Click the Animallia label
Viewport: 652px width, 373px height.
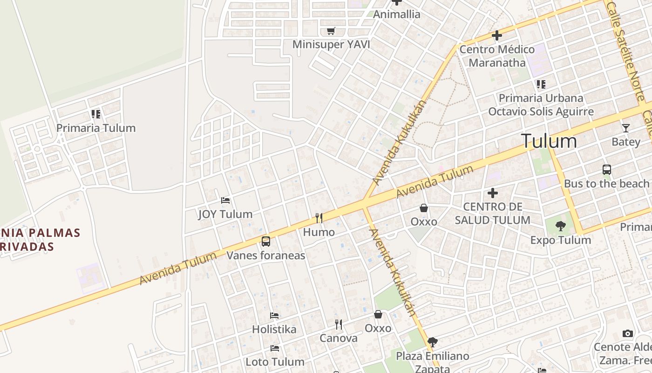click(397, 14)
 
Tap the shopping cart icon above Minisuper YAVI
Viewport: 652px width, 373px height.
click(331, 31)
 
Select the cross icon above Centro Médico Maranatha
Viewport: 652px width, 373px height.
click(497, 35)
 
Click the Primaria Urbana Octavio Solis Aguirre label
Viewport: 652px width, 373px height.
click(541, 105)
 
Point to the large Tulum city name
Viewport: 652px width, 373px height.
click(549, 141)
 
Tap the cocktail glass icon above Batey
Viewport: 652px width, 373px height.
click(626, 128)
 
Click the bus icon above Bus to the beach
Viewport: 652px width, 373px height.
click(606, 170)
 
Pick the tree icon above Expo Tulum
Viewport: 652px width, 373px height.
click(561, 226)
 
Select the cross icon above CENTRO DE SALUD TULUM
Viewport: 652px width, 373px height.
click(492, 193)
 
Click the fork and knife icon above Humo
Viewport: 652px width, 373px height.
click(319, 218)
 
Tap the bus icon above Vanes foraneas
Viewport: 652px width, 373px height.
click(265, 242)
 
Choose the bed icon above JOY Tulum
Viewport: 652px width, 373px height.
click(225, 200)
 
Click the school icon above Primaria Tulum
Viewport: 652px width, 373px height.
click(96, 114)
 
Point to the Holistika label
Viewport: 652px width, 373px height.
click(274, 329)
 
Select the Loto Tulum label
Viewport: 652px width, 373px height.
click(275, 362)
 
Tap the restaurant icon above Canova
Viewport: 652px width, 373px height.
click(339, 324)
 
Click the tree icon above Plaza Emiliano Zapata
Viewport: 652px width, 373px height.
click(432, 342)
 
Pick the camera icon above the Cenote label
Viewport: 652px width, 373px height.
click(628, 333)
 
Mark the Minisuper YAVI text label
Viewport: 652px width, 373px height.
click(331, 44)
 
